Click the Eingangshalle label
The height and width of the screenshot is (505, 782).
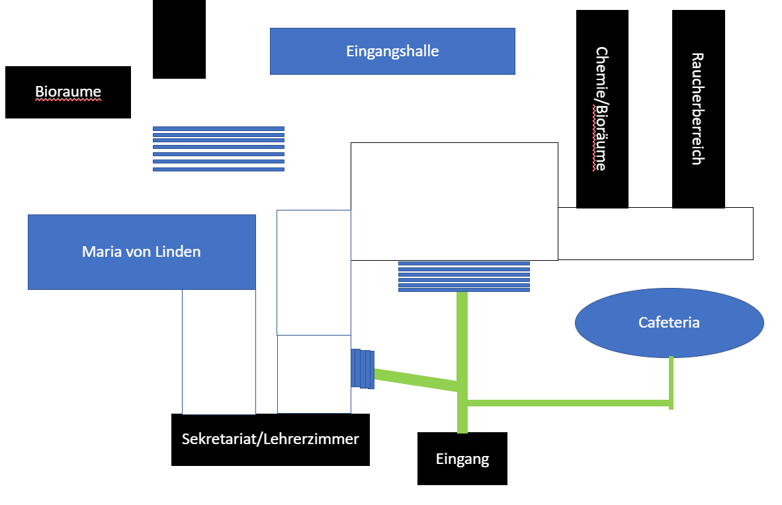[x=392, y=51]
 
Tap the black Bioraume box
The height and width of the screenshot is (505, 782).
[x=68, y=92]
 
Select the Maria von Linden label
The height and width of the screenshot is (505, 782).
[x=141, y=252]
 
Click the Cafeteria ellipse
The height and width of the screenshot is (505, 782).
[x=669, y=323]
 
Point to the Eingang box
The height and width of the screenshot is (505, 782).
[x=462, y=459]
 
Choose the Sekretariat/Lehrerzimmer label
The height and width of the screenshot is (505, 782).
[x=270, y=439]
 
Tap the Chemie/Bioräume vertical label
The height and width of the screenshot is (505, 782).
[x=601, y=109]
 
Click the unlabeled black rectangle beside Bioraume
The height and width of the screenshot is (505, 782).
[x=179, y=39]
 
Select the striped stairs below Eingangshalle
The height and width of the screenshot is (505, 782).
[x=218, y=149]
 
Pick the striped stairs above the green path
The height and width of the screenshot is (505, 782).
[x=464, y=277]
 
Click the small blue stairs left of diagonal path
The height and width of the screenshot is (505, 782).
[x=363, y=368]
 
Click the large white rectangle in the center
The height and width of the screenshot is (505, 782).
[x=454, y=201]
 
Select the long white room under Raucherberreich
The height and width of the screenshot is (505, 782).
[x=655, y=234]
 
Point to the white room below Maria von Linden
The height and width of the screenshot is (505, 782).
[x=219, y=351]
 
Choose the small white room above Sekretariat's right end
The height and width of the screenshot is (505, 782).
[x=314, y=374]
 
